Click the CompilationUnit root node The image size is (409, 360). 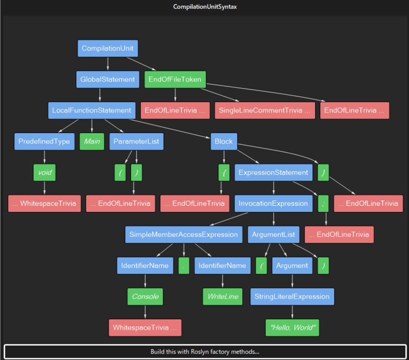[108, 48]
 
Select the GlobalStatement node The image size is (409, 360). [108, 79]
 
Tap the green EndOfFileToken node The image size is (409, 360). [175, 79]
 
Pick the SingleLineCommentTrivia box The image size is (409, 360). [265, 110]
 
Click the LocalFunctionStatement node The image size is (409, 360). [92, 110]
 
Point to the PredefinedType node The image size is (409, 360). [44, 141]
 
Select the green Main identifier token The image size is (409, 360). [92, 141]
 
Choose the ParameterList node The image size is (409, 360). [136, 141]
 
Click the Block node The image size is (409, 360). [224, 141]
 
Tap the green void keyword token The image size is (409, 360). [45, 172]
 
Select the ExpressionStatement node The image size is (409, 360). [273, 172]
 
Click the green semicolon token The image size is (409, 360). [323, 204]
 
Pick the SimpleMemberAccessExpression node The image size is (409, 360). [184, 234]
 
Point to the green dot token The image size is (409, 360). [184, 266]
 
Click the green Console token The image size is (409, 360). [145, 296]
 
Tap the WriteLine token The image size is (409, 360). [223, 296]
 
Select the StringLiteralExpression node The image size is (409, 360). [292, 296]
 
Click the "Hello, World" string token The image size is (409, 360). [292, 328]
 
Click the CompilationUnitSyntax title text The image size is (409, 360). [205, 7]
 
